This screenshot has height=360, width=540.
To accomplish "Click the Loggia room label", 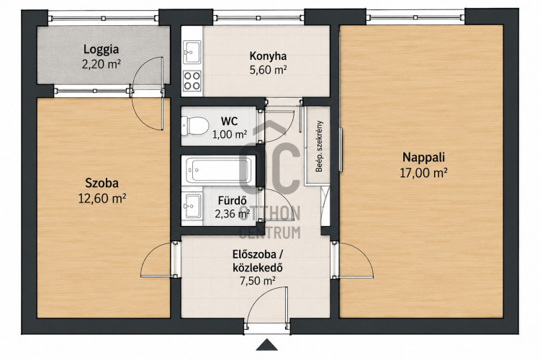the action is [x=101, y=49].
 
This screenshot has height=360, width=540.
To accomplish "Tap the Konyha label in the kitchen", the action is [x=268, y=56].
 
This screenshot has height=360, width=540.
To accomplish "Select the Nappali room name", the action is [x=423, y=158].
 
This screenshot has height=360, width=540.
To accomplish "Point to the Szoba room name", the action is [x=102, y=183].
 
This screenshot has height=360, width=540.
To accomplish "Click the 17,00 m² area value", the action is [x=423, y=173].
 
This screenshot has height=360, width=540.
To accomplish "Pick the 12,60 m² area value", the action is [x=102, y=199].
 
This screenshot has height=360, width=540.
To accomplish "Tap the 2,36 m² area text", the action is [x=233, y=214].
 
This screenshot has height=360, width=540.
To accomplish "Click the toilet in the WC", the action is [x=195, y=126].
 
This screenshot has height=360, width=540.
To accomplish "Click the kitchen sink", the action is [x=192, y=53].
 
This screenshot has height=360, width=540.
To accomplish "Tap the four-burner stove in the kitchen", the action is [x=192, y=81].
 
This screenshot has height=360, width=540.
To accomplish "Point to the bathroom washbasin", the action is [x=192, y=206].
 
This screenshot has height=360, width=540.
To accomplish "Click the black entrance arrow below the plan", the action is [x=267, y=344].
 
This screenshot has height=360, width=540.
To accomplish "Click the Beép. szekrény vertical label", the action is [x=319, y=146].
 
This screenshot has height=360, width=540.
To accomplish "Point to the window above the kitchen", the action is [x=258, y=17].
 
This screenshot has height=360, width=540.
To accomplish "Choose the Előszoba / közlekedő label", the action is [x=258, y=261].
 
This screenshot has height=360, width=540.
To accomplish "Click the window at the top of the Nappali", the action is [x=415, y=17].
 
